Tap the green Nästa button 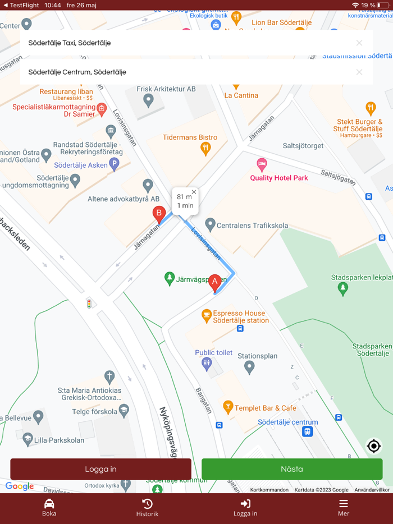tap(292, 469)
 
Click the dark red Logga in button tap(100, 469)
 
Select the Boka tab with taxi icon tap(49, 507)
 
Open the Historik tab tap(147, 507)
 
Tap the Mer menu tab tap(343, 507)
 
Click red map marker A tap(214, 282)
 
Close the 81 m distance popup tap(194, 192)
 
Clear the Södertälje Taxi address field tap(359, 43)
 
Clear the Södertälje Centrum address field tap(359, 72)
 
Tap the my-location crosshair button tap(373, 446)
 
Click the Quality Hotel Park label tap(279, 178)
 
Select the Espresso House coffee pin tap(207, 315)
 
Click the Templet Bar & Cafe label tap(265, 408)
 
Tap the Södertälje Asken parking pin tap(114, 164)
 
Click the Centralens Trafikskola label tap(253, 226)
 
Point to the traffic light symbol tap(89, 304)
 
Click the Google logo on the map tap(20, 486)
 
